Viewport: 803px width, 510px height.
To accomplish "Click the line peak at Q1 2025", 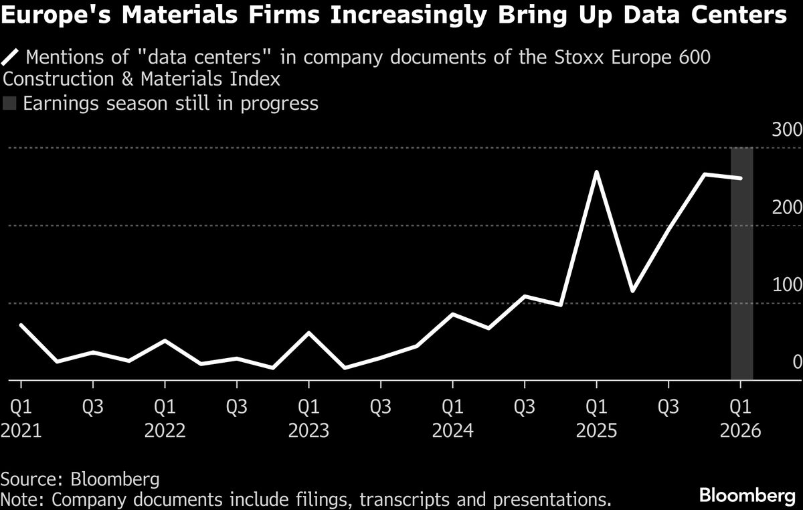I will [x=596, y=173].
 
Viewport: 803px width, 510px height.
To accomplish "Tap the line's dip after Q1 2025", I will [x=632, y=291].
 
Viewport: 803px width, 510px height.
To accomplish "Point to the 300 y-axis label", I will [x=786, y=130].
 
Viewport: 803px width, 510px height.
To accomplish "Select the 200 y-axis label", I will [x=786, y=207].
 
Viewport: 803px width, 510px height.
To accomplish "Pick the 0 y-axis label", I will [x=796, y=362].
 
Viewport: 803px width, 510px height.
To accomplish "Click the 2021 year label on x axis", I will [x=21, y=430].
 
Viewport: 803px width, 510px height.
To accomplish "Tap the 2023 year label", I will [x=308, y=430].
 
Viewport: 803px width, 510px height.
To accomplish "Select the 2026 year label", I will [x=740, y=430].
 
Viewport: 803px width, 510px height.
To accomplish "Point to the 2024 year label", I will [x=452, y=430].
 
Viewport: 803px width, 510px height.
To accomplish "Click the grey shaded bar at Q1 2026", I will [x=741, y=268].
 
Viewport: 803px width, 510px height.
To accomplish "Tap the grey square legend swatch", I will [x=9, y=104].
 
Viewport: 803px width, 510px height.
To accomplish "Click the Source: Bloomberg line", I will [x=80, y=479].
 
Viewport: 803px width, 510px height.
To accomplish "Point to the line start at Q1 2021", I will [x=21, y=325].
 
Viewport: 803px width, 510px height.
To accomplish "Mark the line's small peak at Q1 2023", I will [x=308, y=333].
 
